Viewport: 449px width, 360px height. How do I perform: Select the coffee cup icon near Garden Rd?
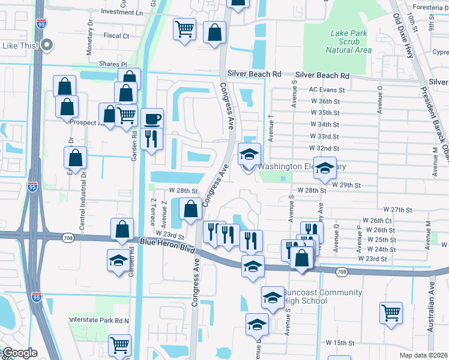coord(153,118)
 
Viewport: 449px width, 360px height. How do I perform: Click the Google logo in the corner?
coord(19,353)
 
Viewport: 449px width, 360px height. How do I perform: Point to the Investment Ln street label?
coord(122,12)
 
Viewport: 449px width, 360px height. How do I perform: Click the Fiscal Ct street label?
coord(116,36)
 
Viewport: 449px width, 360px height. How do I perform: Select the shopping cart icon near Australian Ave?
coord(391,313)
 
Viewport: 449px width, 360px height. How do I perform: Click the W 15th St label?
coord(341,343)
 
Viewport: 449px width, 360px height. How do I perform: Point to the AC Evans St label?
coord(324,89)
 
